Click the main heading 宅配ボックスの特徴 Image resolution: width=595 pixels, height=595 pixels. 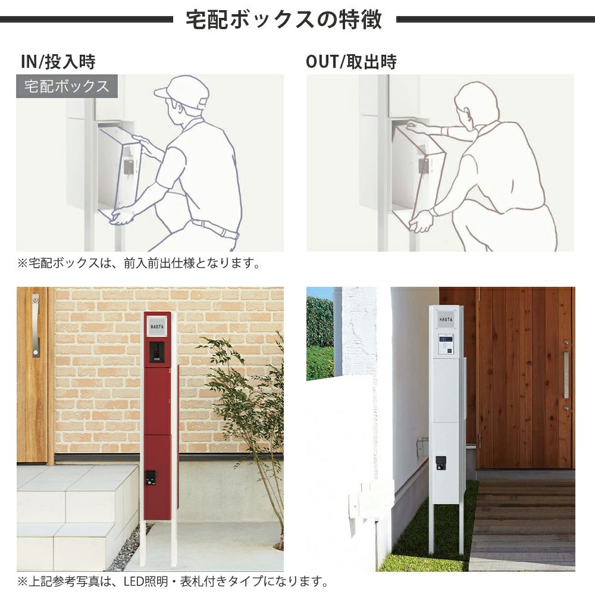click(x=284, y=20)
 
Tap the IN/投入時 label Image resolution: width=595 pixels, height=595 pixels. click(x=58, y=62)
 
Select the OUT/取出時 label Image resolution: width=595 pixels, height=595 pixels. click(x=352, y=62)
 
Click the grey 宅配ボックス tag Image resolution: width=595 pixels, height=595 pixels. click(x=67, y=86)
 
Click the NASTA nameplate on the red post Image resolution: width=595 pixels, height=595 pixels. click(x=157, y=326)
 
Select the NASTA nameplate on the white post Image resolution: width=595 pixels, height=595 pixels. click(x=446, y=319)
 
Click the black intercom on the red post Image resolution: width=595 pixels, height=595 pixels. click(x=156, y=352)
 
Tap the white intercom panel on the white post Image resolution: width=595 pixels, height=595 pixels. click(x=446, y=344)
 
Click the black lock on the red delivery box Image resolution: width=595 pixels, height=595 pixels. click(x=151, y=478)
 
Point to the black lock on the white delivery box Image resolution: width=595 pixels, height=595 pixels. click(x=440, y=462)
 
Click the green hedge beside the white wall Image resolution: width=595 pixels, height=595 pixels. click(x=320, y=337)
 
